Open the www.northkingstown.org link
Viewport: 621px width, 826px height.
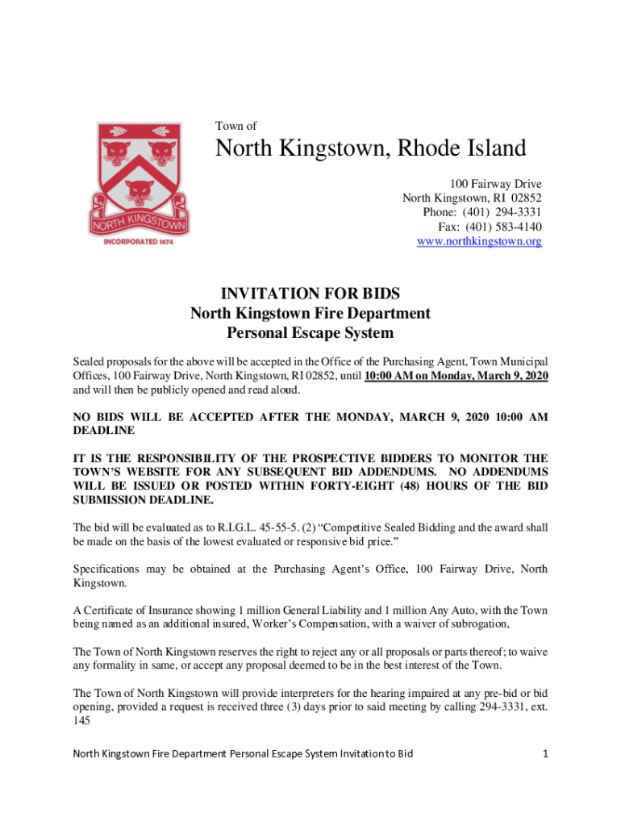click(x=479, y=241)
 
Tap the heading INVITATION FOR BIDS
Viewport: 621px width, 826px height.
click(x=310, y=294)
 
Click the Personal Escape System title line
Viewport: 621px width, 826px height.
click(x=310, y=332)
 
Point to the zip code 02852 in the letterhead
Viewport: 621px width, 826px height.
click(x=526, y=198)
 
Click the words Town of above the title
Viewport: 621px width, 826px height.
click(x=235, y=126)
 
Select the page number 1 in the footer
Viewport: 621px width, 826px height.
click(x=546, y=753)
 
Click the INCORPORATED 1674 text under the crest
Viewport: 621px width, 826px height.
click(x=138, y=241)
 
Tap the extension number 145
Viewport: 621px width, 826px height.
click(x=83, y=722)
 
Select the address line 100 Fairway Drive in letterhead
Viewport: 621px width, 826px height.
click(x=495, y=183)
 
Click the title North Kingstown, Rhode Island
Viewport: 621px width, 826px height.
click(x=370, y=148)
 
